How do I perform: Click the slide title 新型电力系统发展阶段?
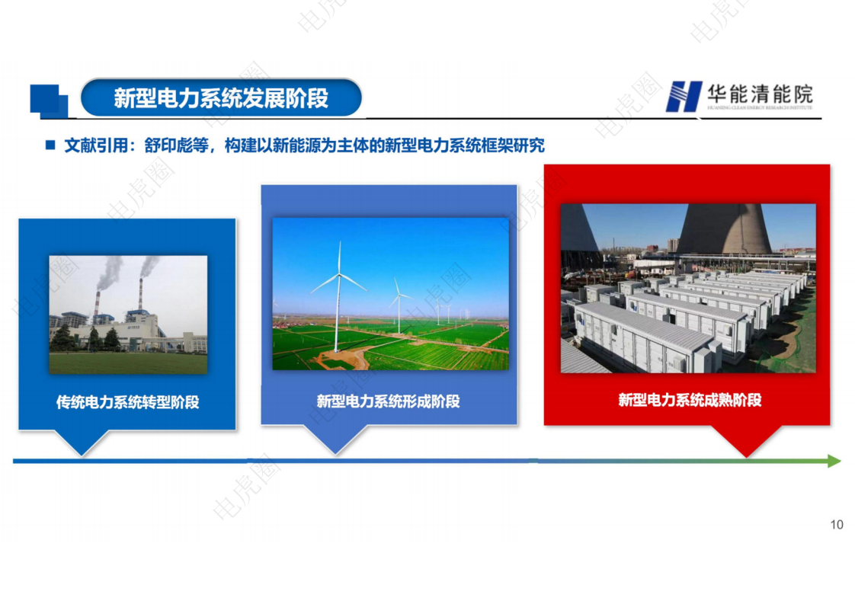coord(221,98)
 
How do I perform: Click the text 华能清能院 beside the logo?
coord(759,94)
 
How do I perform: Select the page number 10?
coord(837,524)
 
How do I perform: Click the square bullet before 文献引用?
coord(50,145)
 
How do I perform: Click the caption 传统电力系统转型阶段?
coord(127,402)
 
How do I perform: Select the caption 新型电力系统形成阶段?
coord(389,401)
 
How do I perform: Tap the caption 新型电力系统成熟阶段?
coord(690,400)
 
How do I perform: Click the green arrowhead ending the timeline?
coord(833,461)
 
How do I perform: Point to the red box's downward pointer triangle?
coord(747,441)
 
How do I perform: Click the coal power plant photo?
coord(128,315)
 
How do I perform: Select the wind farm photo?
coord(390,294)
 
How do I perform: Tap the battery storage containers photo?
coord(688,288)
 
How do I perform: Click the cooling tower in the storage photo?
coord(725,228)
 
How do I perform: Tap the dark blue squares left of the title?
coord(47,101)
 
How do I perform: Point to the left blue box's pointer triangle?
coord(81,443)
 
